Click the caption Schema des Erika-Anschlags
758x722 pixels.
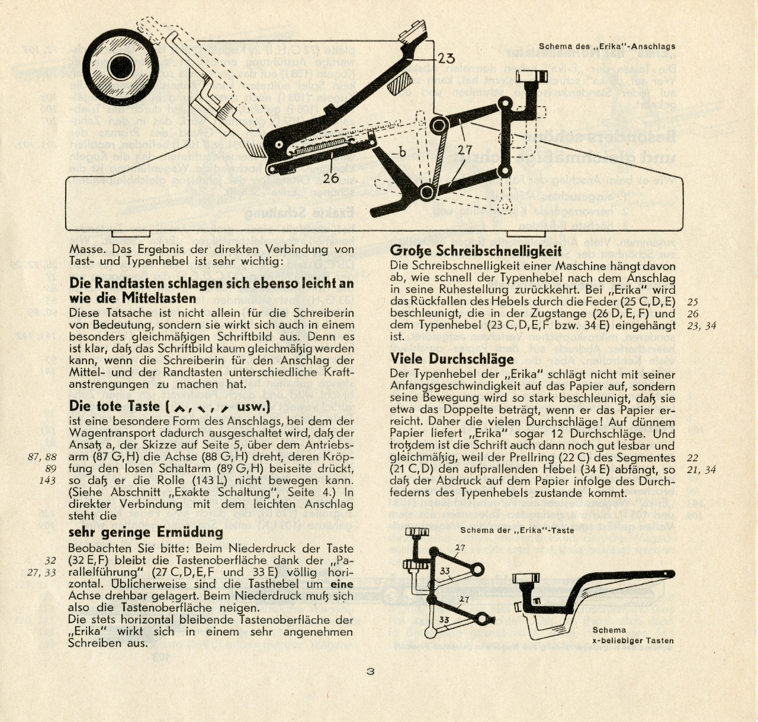click(x=607, y=46)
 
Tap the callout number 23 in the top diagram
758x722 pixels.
click(x=446, y=58)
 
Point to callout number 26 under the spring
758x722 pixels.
click(x=331, y=178)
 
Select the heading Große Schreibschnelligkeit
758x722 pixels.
click(x=476, y=251)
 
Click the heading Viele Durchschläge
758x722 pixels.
click(x=452, y=359)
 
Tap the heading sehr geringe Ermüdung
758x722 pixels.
click(x=146, y=532)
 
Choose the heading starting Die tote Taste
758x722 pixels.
click(x=169, y=406)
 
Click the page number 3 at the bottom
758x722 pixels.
click(x=370, y=672)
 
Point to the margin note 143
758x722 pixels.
click(x=47, y=480)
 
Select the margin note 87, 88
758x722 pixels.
click(x=43, y=457)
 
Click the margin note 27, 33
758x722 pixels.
click(x=41, y=573)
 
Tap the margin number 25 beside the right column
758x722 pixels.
click(x=693, y=302)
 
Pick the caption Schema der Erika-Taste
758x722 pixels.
click(x=517, y=530)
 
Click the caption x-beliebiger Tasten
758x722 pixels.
click(x=633, y=641)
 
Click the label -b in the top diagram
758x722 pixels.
click(x=399, y=153)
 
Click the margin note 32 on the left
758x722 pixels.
click(x=50, y=561)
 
